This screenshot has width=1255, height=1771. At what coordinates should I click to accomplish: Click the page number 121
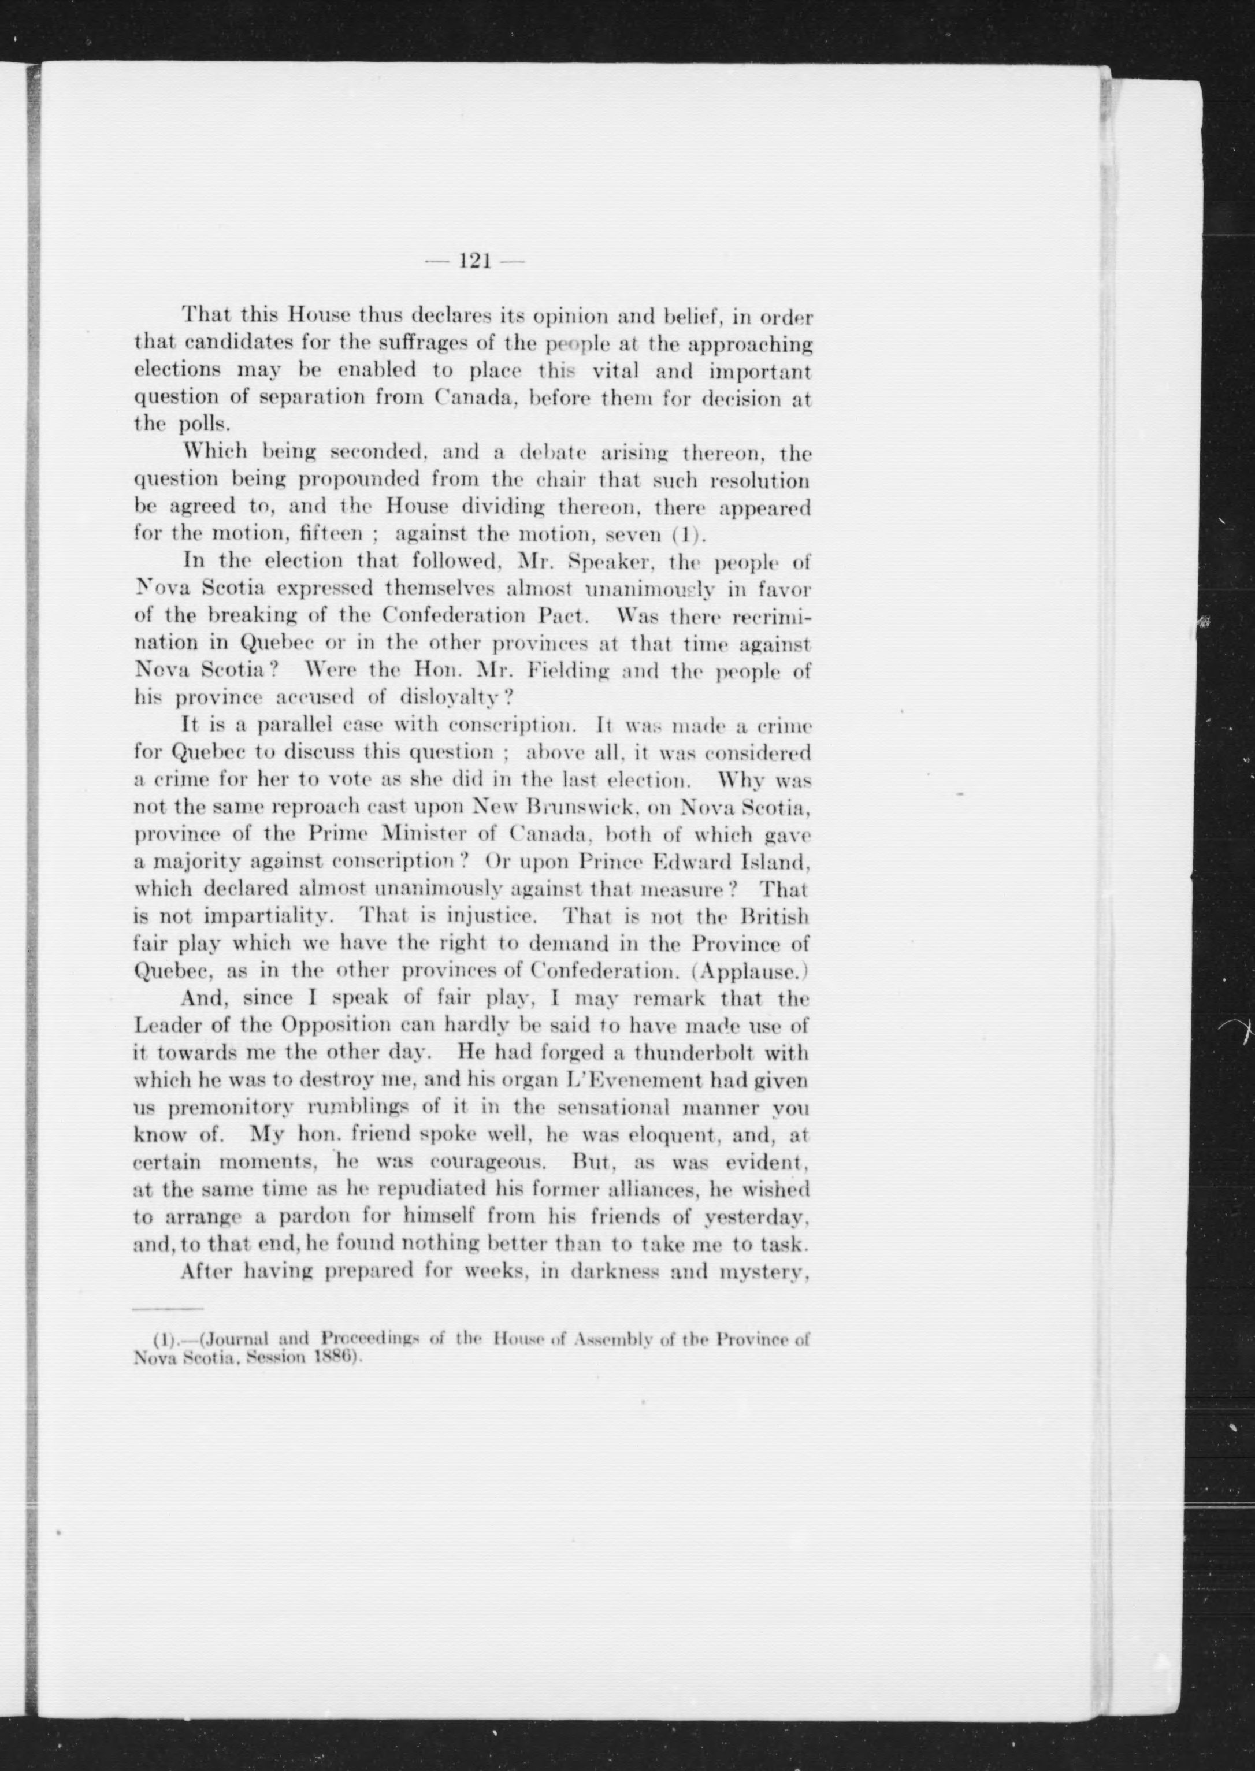coord(476,262)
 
